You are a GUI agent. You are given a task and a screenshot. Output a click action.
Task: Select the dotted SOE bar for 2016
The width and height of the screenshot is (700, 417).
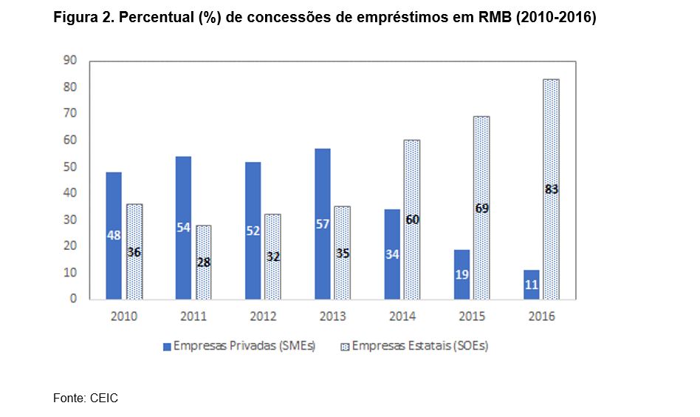coord(550,189)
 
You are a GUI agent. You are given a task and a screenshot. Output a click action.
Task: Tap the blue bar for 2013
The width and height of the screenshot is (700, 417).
coord(323,223)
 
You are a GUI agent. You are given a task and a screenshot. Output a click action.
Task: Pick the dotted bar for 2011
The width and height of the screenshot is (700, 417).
coord(203,262)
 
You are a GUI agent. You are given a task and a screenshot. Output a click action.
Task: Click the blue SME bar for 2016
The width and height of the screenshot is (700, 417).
coord(531,285)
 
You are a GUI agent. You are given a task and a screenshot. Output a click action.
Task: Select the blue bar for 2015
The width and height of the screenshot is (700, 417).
coord(461,274)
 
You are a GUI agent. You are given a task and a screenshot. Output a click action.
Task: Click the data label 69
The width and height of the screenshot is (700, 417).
coord(481,208)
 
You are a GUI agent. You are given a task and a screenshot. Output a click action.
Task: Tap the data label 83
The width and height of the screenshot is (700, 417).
coord(550,189)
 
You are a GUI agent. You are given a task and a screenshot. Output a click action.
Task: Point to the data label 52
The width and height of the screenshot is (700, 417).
coord(253,231)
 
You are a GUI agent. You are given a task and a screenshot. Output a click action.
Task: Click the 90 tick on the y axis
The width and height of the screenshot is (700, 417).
coord(71,61)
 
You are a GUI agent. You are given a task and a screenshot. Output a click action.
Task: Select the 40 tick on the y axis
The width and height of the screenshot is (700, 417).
coord(71,193)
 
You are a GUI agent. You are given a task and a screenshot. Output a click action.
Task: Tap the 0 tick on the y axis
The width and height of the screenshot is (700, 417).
coord(74,299)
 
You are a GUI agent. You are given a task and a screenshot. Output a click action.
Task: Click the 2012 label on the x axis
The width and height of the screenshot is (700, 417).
coord(263,316)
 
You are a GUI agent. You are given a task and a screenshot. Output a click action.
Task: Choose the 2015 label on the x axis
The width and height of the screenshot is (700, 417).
coord(472,316)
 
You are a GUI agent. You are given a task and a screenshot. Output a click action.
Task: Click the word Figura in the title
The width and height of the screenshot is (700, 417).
coord(72,17)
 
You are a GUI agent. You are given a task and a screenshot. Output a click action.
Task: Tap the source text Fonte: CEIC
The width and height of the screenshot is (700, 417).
coord(86,399)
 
